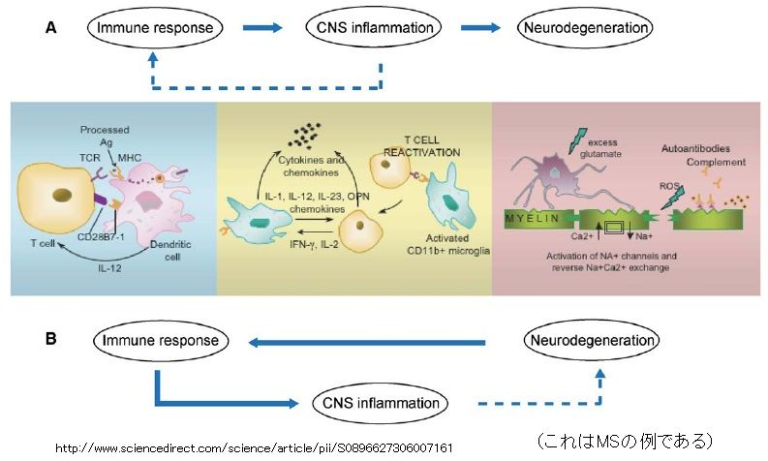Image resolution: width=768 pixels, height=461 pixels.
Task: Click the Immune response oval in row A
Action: coord(154,28)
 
